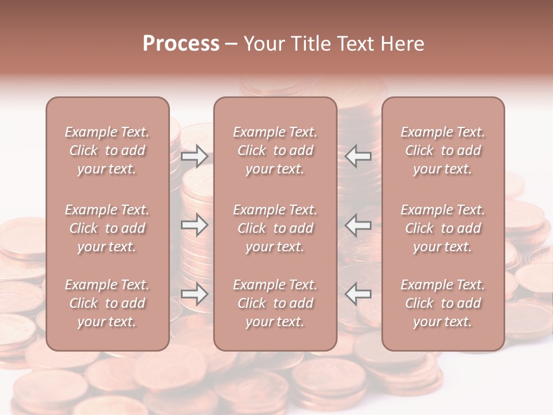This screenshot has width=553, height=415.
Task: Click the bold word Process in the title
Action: pos(181,44)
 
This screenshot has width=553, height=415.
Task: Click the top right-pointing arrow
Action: pos(194,156)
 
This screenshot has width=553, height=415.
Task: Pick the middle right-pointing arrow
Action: pos(194,225)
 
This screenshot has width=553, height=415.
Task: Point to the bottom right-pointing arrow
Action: pos(194,295)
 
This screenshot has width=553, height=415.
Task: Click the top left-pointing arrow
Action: pos(358,156)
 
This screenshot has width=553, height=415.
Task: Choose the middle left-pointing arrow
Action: pos(358,225)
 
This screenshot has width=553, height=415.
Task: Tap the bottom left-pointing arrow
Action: pos(358,293)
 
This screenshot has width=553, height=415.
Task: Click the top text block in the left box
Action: pos(107,150)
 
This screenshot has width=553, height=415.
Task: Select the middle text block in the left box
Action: pos(107,228)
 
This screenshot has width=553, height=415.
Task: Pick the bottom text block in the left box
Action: pos(107,303)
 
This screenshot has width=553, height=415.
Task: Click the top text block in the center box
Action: pos(275,150)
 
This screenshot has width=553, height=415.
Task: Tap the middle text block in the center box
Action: pos(275,228)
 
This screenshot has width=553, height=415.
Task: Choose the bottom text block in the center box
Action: pos(275,303)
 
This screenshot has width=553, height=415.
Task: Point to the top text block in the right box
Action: pos(443,150)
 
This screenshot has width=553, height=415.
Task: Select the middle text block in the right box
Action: pos(443,228)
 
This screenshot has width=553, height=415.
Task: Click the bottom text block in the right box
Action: pos(443,303)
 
